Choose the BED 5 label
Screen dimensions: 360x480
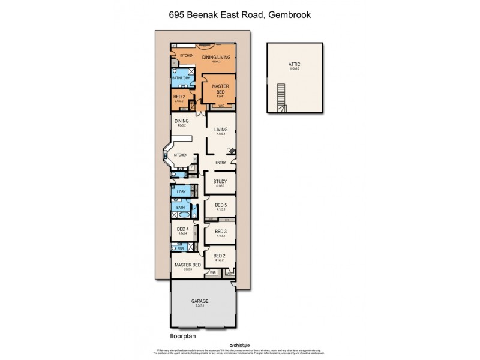220,205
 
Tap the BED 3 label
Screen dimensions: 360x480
220,231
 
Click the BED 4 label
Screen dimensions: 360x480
183,229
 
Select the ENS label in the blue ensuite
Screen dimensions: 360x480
181,247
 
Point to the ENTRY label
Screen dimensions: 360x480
221,163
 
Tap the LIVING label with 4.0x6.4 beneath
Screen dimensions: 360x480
221,128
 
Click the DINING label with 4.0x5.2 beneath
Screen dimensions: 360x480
181,121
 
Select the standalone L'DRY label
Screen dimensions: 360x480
182,191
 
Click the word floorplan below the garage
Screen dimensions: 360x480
181,337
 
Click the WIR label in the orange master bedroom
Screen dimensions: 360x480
221,106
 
